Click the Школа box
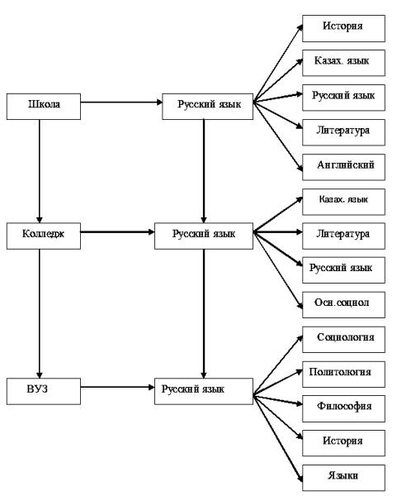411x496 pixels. point(44,107)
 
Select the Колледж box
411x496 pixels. point(44,236)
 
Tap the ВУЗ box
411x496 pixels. point(44,391)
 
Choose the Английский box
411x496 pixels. point(343,167)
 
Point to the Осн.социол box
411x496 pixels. point(343,305)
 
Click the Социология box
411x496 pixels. point(343,340)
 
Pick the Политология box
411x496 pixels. point(343,374)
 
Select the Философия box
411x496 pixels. point(343,408)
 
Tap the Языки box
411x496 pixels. point(343,478)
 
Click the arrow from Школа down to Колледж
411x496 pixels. point(40,171)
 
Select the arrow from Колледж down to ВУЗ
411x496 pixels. point(40,314)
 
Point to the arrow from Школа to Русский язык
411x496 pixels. point(121,103)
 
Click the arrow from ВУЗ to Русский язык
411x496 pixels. point(117,387)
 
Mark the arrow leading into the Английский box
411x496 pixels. point(278,136)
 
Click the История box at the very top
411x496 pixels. point(343,28)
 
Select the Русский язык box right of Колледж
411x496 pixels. point(204,236)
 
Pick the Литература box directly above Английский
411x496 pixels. point(343,132)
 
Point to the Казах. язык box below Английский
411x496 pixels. point(343,202)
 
